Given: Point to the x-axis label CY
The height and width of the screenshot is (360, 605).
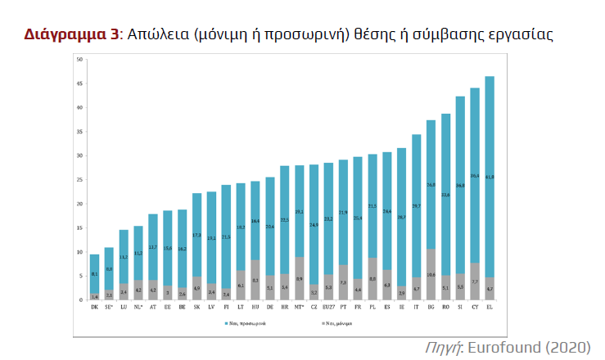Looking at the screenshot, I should [x=475, y=308].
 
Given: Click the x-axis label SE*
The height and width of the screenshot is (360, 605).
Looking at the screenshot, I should [x=109, y=308].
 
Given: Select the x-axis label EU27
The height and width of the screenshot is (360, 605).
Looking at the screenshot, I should [x=328, y=308].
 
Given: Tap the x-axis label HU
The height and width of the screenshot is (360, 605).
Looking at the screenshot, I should [x=255, y=308].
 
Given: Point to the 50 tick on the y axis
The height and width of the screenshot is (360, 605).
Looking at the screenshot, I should [x=79, y=60].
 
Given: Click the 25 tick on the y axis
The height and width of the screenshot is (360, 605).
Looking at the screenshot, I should [x=79, y=179].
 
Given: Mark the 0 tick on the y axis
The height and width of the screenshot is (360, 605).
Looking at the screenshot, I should [x=79, y=299].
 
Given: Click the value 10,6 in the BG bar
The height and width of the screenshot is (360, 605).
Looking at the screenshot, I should [x=431, y=275].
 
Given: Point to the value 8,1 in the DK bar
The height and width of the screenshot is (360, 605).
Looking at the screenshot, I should [x=94, y=274].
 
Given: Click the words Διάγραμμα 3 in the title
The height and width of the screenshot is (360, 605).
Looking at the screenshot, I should [x=70, y=34].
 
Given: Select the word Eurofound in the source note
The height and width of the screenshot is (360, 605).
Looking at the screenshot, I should [x=504, y=348].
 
